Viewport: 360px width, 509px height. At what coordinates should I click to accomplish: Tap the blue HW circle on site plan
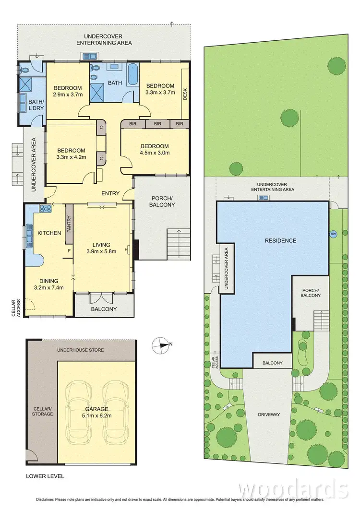(333, 234)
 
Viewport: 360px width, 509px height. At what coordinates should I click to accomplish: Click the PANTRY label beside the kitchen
(69, 224)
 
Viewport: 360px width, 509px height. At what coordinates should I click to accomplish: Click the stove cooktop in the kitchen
(45, 208)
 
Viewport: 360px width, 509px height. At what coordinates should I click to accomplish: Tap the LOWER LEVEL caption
(45, 476)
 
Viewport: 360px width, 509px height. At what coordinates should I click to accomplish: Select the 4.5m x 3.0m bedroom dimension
(154, 154)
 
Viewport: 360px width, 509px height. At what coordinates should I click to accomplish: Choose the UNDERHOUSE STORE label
(80, 350)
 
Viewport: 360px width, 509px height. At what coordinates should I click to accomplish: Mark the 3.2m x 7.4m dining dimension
(49, 288)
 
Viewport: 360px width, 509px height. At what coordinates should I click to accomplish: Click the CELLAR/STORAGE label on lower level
(43, 411)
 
